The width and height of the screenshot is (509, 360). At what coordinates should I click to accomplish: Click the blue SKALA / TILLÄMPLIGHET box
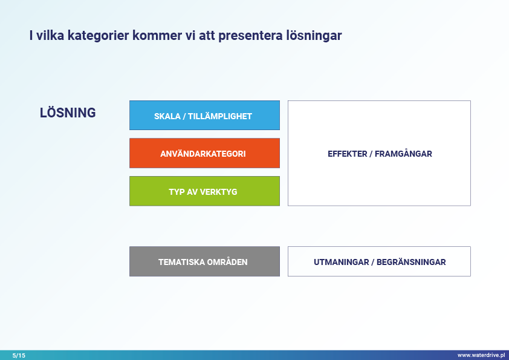pos(204,116)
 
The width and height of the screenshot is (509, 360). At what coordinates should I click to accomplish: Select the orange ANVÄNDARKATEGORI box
pos(204,153)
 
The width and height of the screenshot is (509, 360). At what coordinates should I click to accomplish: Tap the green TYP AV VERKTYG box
pos(204,191)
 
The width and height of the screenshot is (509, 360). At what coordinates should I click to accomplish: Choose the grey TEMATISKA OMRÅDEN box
pos(204,261)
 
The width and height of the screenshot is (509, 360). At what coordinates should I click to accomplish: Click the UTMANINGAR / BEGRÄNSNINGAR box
pos(379,261)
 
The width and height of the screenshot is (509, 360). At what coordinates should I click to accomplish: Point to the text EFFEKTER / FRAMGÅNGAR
pos(380,154)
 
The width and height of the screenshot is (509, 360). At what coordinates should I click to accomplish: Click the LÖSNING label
pos(68,113)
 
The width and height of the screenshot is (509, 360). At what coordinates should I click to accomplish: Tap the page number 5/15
pos(19,355)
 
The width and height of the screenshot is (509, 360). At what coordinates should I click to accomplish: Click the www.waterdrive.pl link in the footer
pos(481,355)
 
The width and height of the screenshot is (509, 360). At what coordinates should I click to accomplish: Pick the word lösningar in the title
pos(314,36)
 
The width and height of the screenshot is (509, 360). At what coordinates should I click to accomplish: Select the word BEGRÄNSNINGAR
pos(411,262)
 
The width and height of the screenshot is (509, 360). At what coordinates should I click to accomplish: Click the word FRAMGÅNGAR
pos(403,154)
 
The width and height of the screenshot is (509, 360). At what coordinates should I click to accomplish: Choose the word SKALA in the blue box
pos(167,116)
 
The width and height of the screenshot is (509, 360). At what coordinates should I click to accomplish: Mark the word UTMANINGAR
pos(341,262)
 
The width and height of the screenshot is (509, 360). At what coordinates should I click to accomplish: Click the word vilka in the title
pos(50,36)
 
